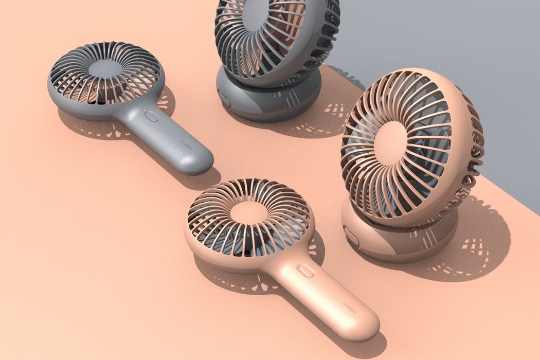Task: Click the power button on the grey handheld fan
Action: [x=152, y=117]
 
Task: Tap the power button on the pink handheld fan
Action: [x=306, y=271]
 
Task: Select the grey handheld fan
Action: [x=129, y=103]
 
